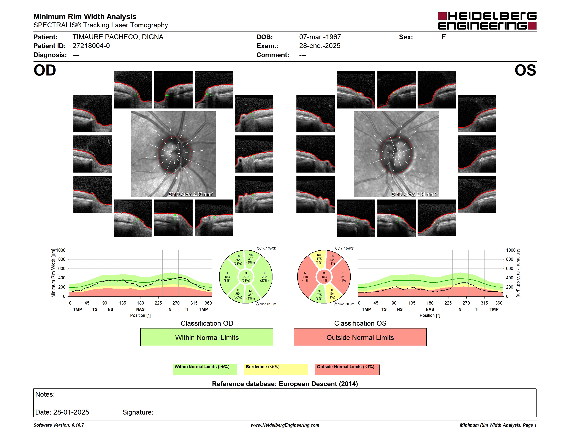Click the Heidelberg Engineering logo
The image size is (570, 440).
pyautogui.click(x=487, y=21)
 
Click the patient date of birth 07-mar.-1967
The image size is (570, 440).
pyautogui.click(x=320, y=37)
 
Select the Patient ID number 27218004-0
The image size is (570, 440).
pyautogui.click(x=91, y=46)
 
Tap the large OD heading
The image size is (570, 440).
pyautogui.click(x=45, y=70)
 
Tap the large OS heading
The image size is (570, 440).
pyautogui.click(x=525, y=70)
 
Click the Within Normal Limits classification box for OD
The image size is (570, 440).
pyautogui.click(x=207, y=337)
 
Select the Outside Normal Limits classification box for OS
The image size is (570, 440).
pyautogui.click(x=360, y=337)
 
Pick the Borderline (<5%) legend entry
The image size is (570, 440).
pyautogui.click(x=276, y=369)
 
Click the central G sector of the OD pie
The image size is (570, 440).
pyautogui.click(x=245, y=277)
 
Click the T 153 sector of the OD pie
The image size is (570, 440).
pyautogui.click(x=227, y=277)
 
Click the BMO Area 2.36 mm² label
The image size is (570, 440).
pyautogui.click(x=191, y=194)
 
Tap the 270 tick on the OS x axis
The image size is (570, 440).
pyautogui.click(x=466, y=303)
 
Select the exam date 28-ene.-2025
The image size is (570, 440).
pyautogui.click(x=320, y=46)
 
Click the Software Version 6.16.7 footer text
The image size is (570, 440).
pyautogui.click(x=59, y=425)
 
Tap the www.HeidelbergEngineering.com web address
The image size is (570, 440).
pyautogui.click(x=285, y=425)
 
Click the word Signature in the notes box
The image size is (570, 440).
pyautogui.click(x=138, y=412)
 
